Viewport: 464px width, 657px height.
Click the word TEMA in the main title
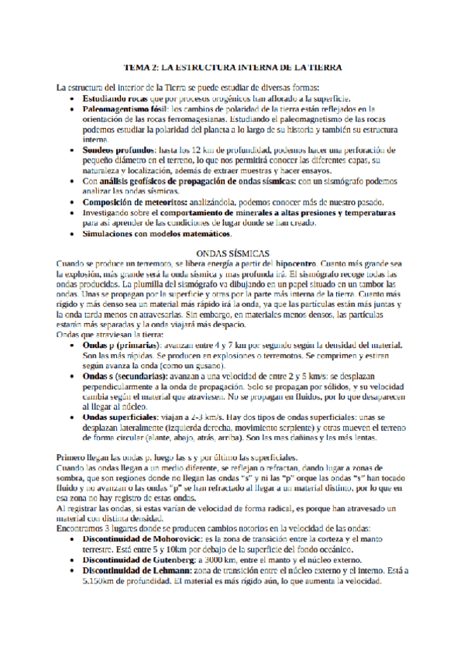coord(136,68)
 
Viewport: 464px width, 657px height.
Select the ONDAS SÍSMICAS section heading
coord(232,253)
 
